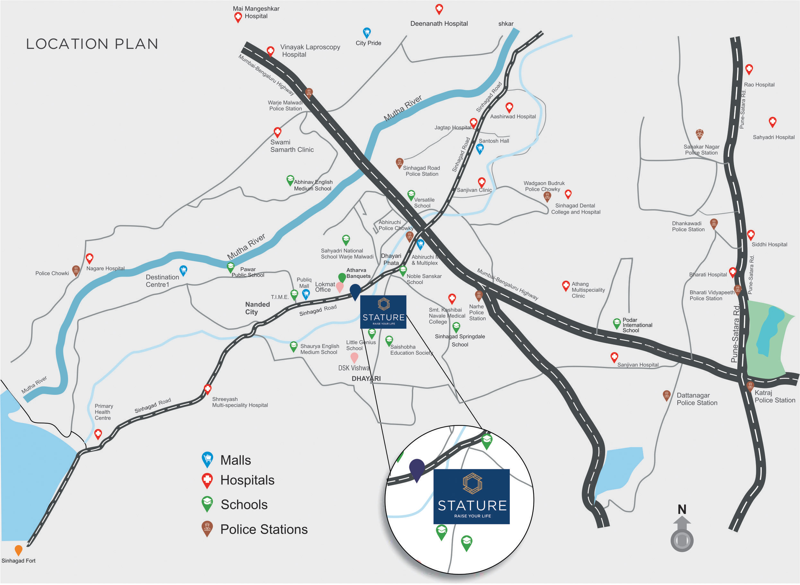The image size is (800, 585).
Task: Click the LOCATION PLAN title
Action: coord(92,44)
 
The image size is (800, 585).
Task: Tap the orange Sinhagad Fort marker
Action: coord(18,550)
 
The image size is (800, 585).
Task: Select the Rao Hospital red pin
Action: coord(749,69)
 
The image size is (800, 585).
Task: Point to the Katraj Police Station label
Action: coord(775,396)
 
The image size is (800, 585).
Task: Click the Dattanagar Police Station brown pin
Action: coord(666,395)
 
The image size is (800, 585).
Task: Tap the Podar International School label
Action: coord(637,325)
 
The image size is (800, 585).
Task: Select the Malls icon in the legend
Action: coord(207,459)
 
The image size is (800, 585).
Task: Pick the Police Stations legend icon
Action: coord(207,528)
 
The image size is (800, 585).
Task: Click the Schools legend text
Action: coord(244,504)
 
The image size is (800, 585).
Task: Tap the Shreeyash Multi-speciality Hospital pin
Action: coord(208,389)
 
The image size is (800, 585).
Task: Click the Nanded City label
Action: coord(257,308)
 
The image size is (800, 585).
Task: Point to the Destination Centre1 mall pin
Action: coord(183,270)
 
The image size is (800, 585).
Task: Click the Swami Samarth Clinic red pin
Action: coord(277,132)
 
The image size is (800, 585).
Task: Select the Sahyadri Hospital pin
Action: coord(772,122)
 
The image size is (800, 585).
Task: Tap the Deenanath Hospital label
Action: coord(439,23)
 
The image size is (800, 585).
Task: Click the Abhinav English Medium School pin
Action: coord(290,180)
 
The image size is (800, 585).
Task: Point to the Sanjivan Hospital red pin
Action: coord(614,357)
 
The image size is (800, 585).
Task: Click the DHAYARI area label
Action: coord(366,378)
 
